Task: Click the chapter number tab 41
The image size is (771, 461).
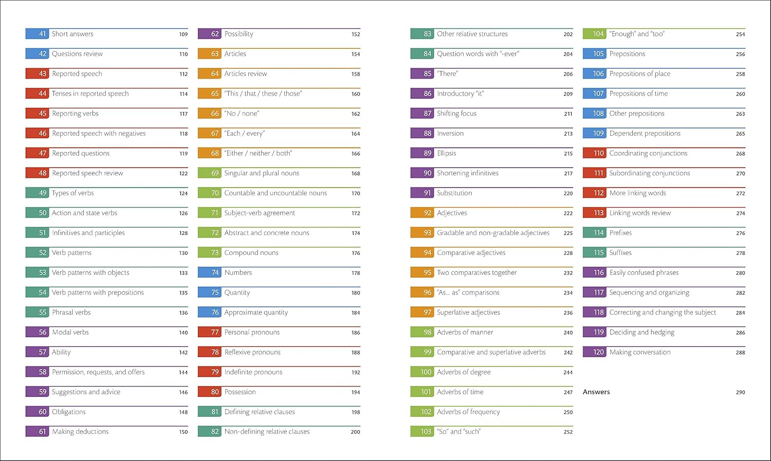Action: [x=37, y=34]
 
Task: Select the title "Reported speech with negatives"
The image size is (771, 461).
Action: [x=99, y=134]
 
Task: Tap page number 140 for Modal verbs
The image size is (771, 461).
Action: [x=183, y=333]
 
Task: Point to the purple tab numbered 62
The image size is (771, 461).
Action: [x=210, y=34]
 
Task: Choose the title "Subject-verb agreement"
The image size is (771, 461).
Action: [x=260, y=213]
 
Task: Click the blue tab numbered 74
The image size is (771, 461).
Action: [x=210, y=273]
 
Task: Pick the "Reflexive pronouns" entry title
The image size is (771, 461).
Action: [x=252, y=353]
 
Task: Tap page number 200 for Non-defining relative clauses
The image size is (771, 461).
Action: [x=355, y=432]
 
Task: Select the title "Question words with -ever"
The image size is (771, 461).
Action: [x=478, y=54]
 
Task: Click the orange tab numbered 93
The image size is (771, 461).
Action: [x=422, y=233]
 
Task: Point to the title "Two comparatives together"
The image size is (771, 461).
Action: [x=477, y=273]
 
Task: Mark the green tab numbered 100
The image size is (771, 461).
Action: [x=422, y=372]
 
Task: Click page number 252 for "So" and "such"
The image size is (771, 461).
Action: [x=568, y=432]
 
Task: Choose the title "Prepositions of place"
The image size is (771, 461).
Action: [x=640, y=74]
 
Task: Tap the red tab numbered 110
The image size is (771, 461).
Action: [x=594, y=154]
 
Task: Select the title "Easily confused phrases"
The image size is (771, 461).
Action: [x=644, y=273]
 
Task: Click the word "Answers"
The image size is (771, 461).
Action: [x=596, y=392]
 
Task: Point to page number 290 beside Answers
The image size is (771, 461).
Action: [x=740, y=392]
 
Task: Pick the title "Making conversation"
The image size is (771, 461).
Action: [x=640, y=353]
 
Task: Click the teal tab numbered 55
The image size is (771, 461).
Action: [x=37, y=312]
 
